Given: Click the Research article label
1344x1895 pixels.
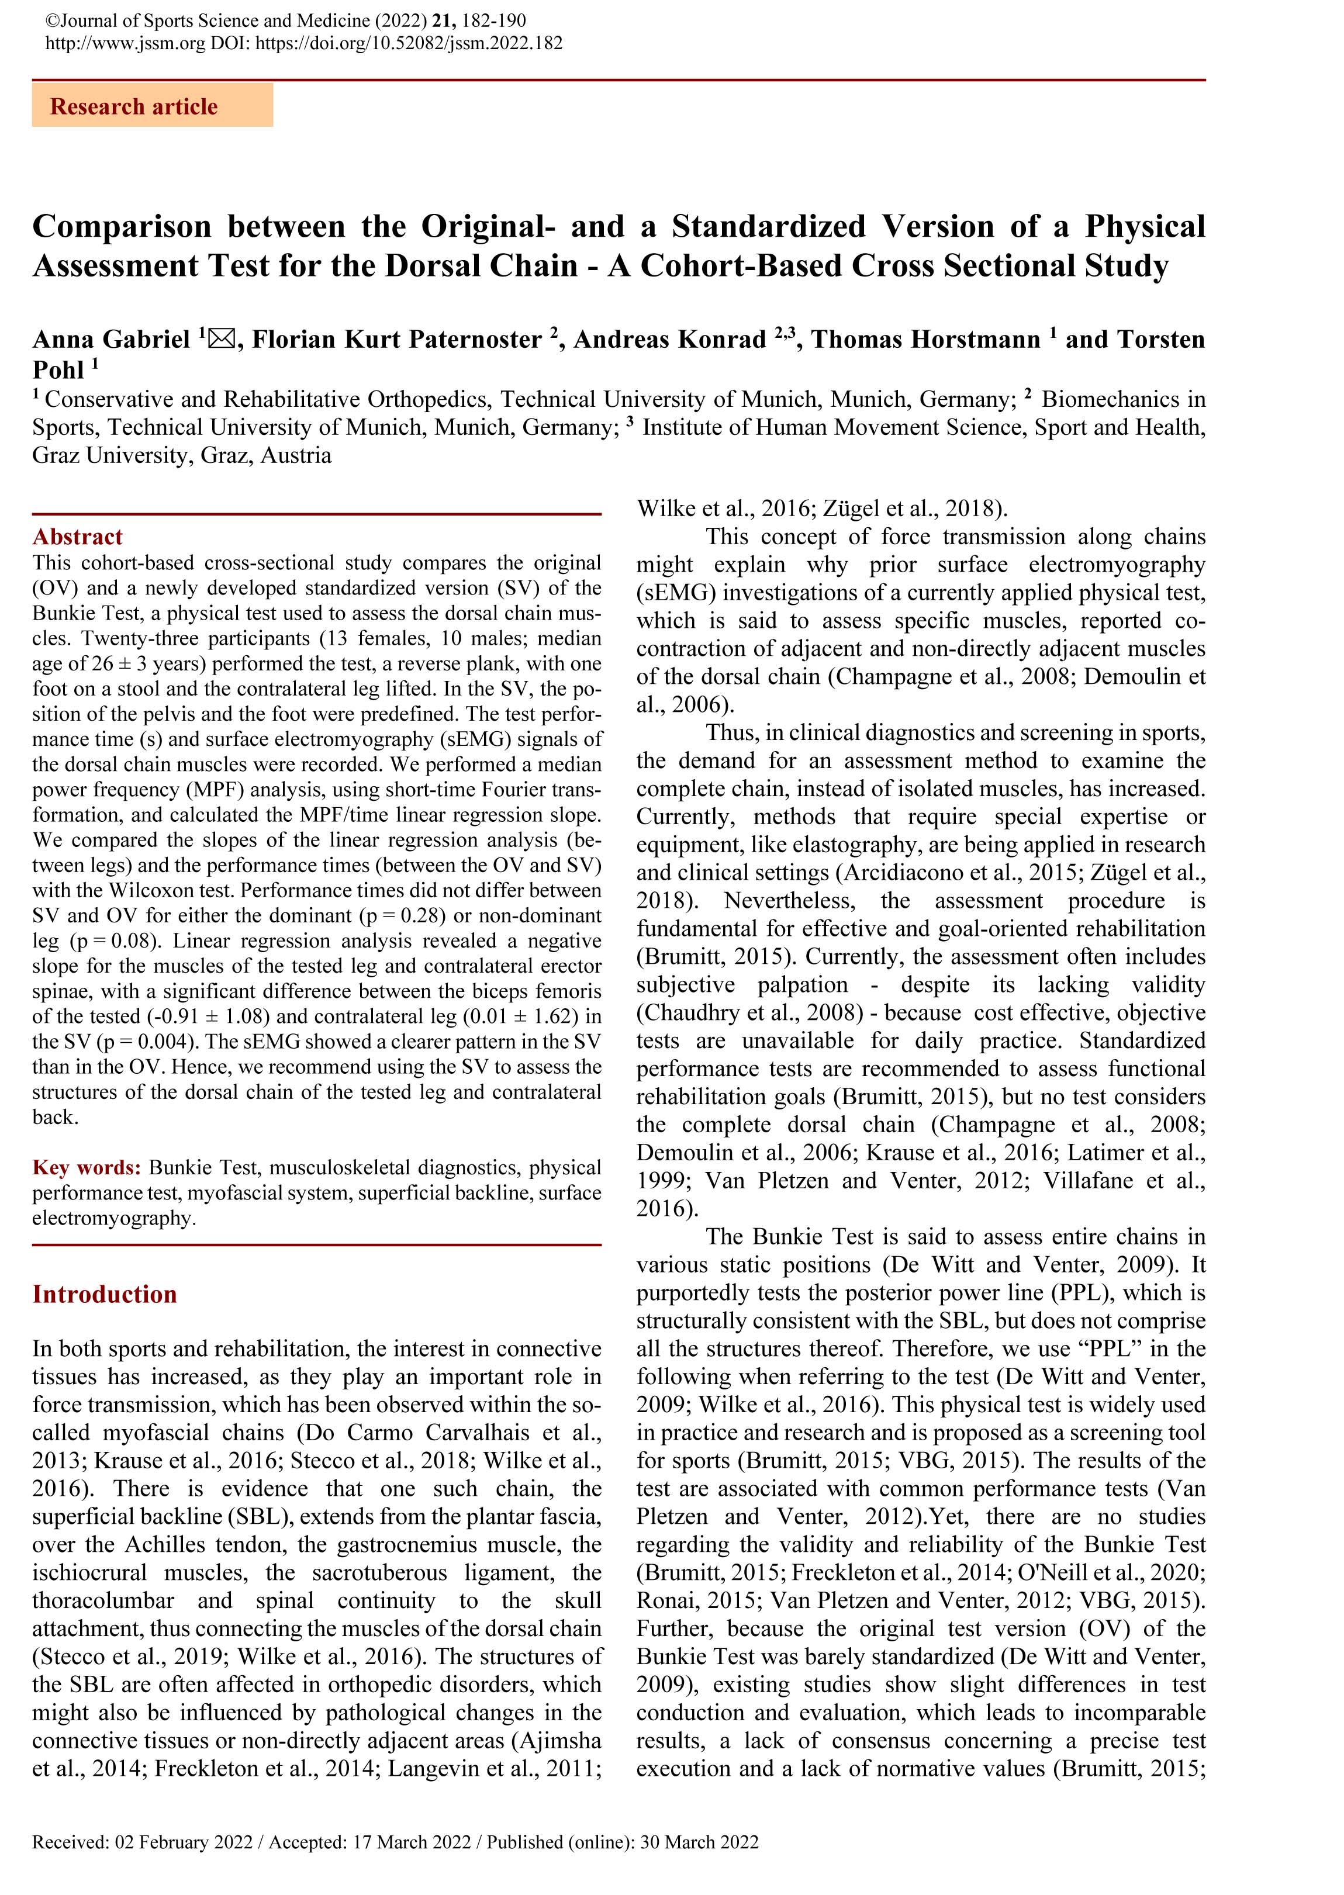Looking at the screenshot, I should coord(133,107).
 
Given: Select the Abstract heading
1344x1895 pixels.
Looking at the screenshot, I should coord(77,537).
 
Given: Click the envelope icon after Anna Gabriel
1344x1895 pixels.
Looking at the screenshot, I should coord(222,339).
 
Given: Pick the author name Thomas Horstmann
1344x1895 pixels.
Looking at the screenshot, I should coord(925,339).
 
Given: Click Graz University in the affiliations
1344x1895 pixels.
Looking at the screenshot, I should coord(110,456).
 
